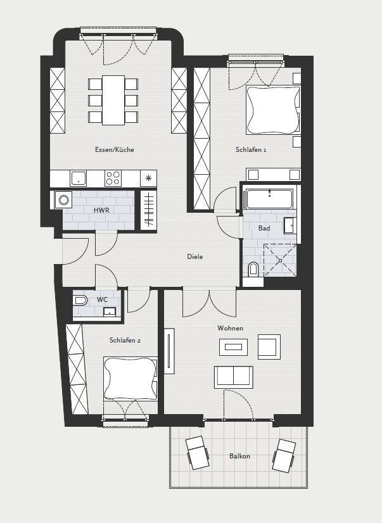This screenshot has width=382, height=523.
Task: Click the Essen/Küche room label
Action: coord(115,150)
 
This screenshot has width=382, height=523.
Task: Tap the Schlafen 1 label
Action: coord(251,150)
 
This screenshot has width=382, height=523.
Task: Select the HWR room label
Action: coord(101,210)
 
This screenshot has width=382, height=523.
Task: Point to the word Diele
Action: coord(195,256)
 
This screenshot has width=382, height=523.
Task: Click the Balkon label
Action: coord(239,456)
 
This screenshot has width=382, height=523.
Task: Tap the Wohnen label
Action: coord(230,328)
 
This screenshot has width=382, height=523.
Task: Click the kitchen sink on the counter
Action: coord(79,179)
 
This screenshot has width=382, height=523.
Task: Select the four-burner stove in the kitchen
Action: coord(113,179)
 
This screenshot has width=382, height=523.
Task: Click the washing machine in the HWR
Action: coord(63,200)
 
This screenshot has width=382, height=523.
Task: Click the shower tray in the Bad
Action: coord(280,260)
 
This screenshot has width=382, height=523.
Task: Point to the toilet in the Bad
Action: coord(253,270)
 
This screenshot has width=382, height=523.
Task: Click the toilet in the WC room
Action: coord(80,301)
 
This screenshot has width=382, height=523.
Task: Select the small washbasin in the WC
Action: coord(110,312)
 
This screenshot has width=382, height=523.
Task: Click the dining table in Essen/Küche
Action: coord(113,100)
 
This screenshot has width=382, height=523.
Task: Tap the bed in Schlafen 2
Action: coord(131,378)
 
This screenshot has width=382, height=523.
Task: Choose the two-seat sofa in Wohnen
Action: coord(234,377)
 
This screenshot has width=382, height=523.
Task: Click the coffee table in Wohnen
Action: coord(234,347)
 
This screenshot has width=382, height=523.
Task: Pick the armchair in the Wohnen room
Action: coord(269,347)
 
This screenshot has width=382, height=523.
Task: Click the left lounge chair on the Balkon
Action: coord(198,453)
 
